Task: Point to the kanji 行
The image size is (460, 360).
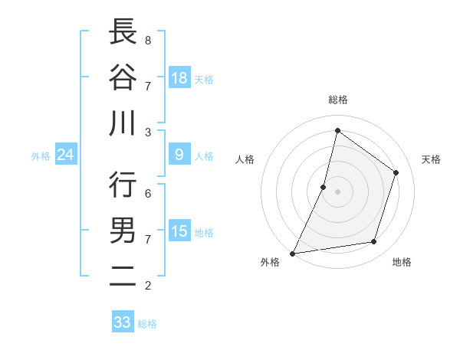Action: (x=123, y=185)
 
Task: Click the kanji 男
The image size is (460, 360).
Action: (x=123, y=231)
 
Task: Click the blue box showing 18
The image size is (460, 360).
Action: (x=179, y=77)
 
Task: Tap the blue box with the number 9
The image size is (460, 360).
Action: (x=179, y=155)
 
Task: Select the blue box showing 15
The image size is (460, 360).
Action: (x=179, y=231)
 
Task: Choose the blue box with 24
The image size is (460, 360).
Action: (x=66, y=155)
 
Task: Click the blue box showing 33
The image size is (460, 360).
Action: (x=123, y=322)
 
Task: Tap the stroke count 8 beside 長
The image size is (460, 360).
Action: (x=147, y=40)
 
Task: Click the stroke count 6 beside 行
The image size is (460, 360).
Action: (x=147, y=194)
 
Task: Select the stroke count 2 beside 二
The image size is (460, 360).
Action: (x=147, y=286)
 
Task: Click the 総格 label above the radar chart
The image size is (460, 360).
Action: (x=337, y=100)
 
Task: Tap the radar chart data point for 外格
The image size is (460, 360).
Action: (x=292, y=253)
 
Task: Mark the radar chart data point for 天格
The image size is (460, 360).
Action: (x=396, y=172)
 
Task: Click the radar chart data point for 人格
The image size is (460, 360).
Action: (x=324, y=187)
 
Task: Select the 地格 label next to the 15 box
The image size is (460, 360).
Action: (x=205, y=233)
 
